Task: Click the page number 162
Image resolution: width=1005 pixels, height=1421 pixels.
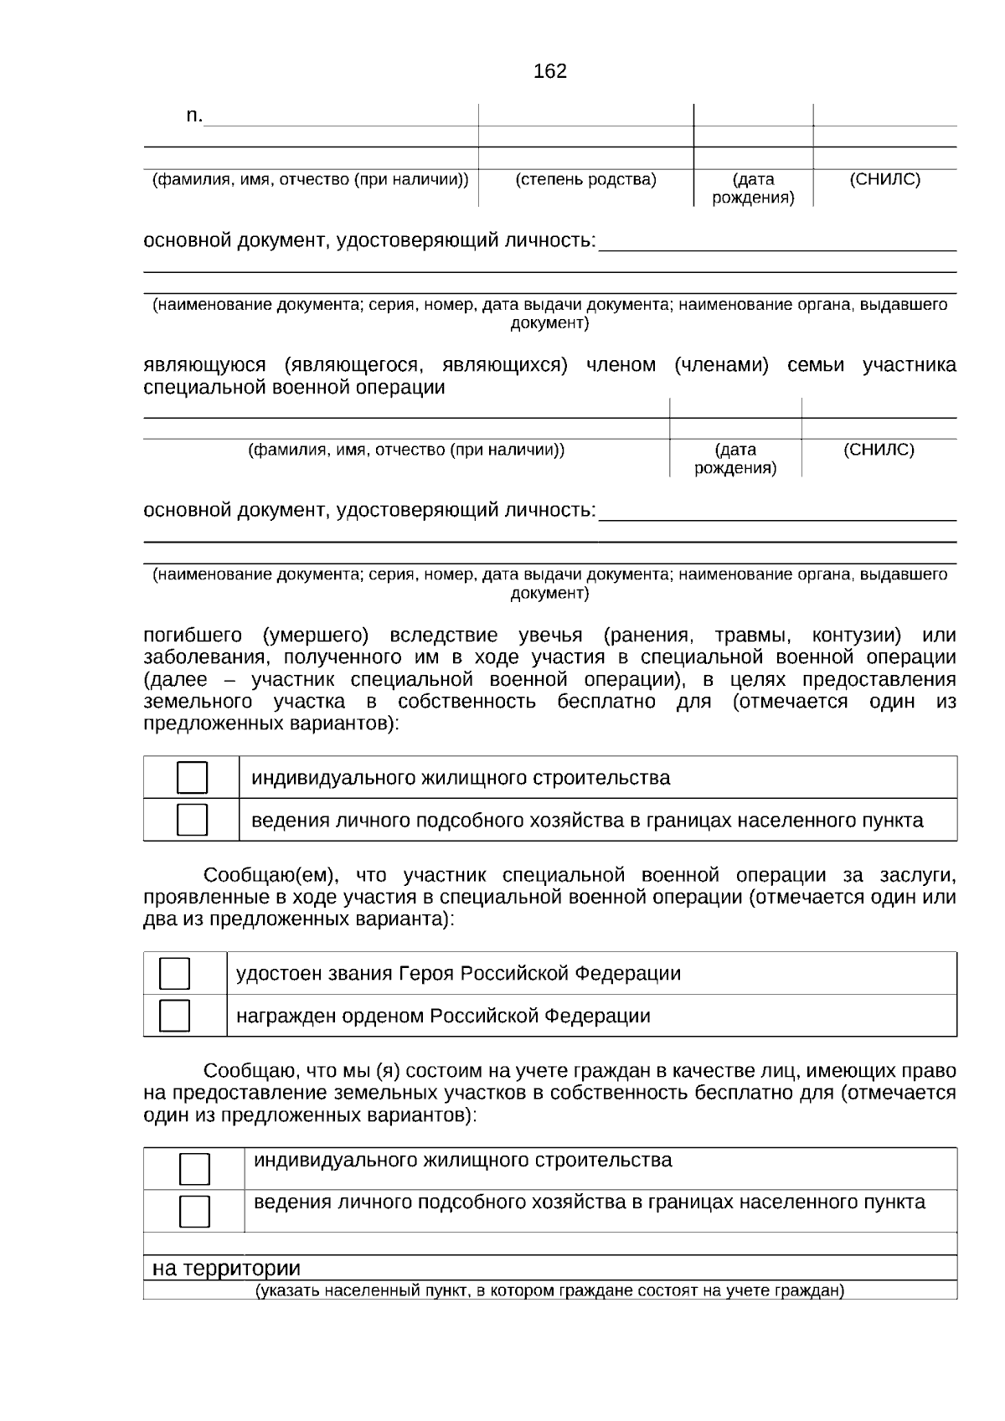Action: (x=549, y=72)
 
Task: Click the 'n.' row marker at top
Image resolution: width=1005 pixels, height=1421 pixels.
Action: (x=193, y=116)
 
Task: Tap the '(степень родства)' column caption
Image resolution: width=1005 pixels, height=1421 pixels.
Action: (x=585, y=179)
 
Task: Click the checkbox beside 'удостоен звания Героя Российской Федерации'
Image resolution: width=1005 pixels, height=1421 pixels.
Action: (x=174, y=973)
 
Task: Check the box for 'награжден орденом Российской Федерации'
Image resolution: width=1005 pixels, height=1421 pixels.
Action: (x=174, y=1015)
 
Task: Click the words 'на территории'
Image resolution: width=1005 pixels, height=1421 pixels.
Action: (x=226, y=1269)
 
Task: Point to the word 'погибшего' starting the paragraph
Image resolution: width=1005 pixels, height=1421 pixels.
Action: (x=193, y=636)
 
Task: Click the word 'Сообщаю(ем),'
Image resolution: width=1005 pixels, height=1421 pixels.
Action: (x=271, y=876)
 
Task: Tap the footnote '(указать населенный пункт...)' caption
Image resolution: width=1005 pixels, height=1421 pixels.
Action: (x=549, y=1290)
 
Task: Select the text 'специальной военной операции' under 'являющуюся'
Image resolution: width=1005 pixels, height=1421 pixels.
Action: (x=294, y=388)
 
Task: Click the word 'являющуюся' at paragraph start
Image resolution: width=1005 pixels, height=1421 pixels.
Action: (x=204, y=366)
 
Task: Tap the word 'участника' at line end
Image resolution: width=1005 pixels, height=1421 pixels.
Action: (x=910, y=366)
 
